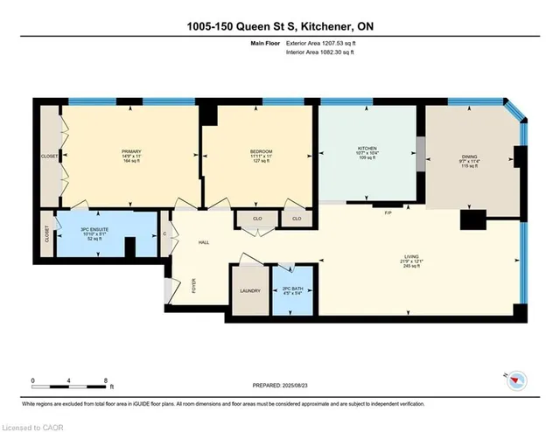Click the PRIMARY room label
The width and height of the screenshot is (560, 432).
click(x=131, y=152)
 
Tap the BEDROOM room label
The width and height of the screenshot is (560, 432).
click(x=261, y=152)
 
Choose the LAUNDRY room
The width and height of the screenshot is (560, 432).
click(x=250, y=291)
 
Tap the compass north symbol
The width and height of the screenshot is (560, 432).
click(x=518, y=380)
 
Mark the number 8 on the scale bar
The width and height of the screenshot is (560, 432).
click(x=105, y=380)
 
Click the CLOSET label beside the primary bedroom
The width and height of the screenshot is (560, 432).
click(x=50, y=157)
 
